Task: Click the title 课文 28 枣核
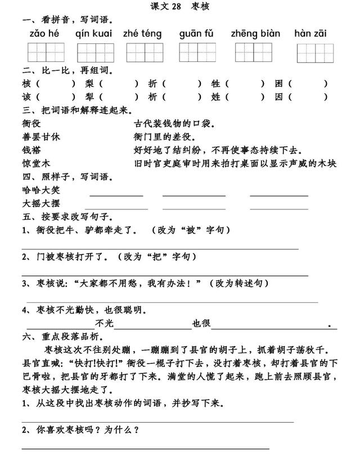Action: tap(180, 7)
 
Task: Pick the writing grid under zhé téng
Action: tap(142, 53)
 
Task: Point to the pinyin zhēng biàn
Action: tap(254, 34)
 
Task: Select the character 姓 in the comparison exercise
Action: tap(215, 96)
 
